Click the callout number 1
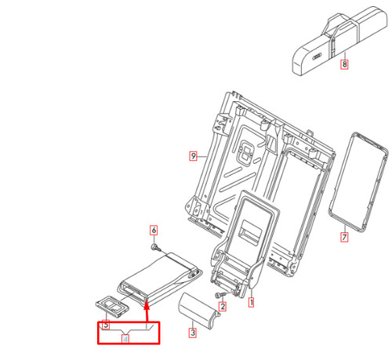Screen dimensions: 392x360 [x=251, y=302]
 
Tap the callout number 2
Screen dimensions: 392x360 [x=223, y=306]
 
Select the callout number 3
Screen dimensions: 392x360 [x=193, y=333]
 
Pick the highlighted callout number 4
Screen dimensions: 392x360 [x=125, y=339]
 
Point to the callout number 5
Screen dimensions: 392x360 [x=106, y=325]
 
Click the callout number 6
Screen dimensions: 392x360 [x=154, y=231]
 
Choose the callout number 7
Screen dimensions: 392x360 [x=344, y=237]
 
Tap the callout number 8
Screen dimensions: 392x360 [x=344, y=64]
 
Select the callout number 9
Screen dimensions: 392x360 [x=193, y=156]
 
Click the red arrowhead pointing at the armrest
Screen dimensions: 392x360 [x=147, y=304]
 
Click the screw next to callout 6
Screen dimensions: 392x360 [x=156, y=247]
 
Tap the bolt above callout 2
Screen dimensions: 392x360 [x=219, y=295]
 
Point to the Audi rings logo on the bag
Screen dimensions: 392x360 [x=317, y=56]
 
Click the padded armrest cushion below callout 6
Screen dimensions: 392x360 [x=159, y=278]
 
